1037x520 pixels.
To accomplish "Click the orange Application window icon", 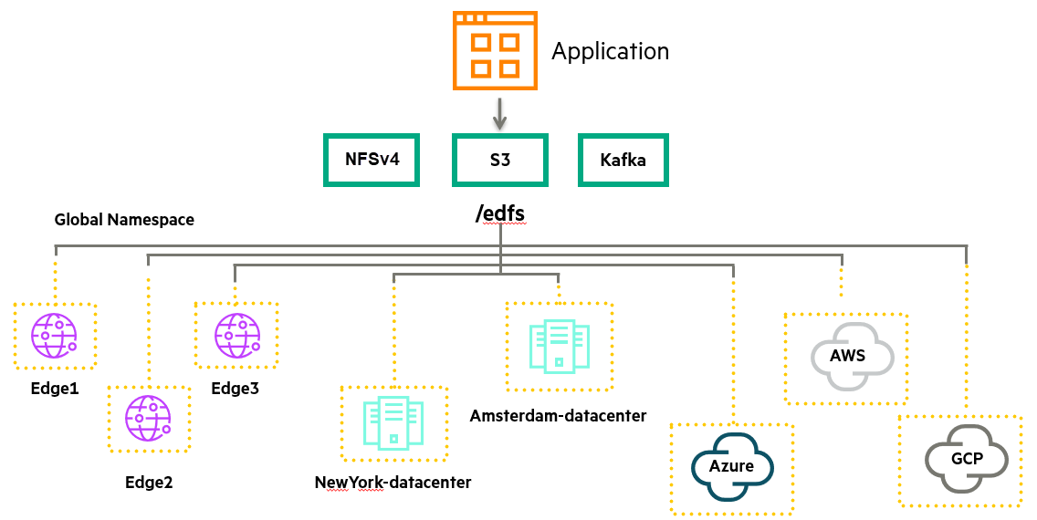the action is [495, 50].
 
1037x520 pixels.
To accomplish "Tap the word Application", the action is [611, 51].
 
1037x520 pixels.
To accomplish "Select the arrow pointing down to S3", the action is [500, 114].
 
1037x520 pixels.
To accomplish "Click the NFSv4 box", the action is [372, 160].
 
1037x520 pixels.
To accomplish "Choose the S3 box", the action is [500, 160].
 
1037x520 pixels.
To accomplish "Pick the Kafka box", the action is [623, 160].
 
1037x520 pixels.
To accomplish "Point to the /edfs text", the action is [500, 213].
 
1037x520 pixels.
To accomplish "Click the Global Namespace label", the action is [124, 220].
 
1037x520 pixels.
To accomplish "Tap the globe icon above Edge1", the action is [54, 336].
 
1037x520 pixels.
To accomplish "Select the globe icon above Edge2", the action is [148, 418].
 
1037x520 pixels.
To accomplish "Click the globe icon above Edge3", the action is [236, 336].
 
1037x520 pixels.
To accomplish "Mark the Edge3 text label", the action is [236, 389].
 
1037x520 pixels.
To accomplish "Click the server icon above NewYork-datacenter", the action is [393, 423].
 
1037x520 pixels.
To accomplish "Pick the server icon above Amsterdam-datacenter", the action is [559, 347].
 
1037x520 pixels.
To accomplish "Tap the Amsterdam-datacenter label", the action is [558, 416].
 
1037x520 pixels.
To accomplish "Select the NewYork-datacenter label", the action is [393, 483].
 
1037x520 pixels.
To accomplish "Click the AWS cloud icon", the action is [854, 357].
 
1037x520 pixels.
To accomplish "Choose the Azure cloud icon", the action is [732, 467].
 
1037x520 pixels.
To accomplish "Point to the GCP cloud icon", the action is [966, 459].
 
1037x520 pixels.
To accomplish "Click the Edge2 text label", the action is [149, 483].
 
